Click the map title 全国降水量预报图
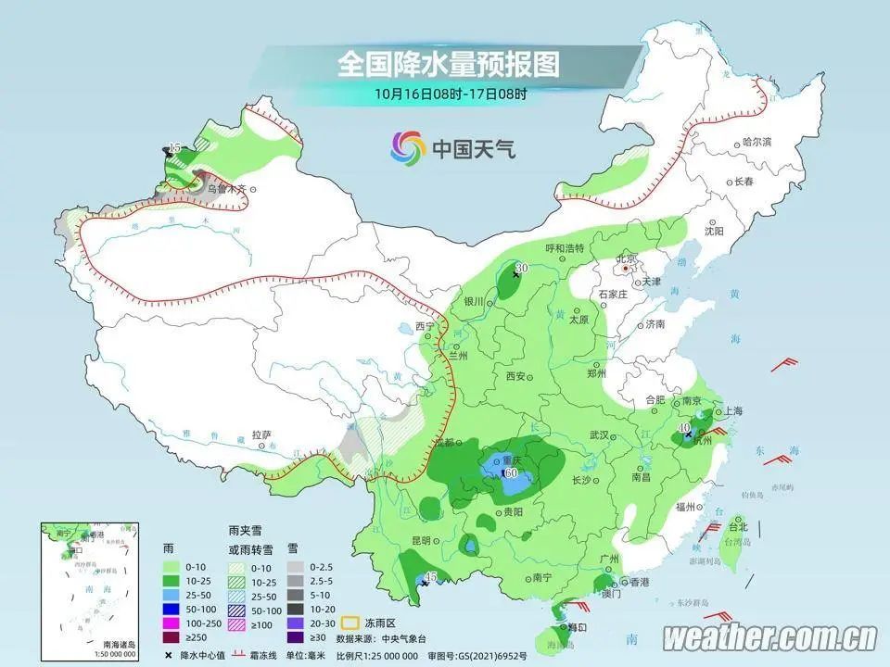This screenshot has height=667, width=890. [449, 65]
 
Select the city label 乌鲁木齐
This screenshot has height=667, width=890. [227, 189]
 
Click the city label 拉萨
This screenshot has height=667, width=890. [261, 434]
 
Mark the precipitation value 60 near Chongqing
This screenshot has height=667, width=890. [511, 472]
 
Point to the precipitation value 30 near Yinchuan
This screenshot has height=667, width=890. [521, 268]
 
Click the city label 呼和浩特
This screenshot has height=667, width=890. [565, 248]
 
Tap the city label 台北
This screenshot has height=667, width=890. [738, 527]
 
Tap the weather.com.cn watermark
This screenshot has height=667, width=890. [770, 637]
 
